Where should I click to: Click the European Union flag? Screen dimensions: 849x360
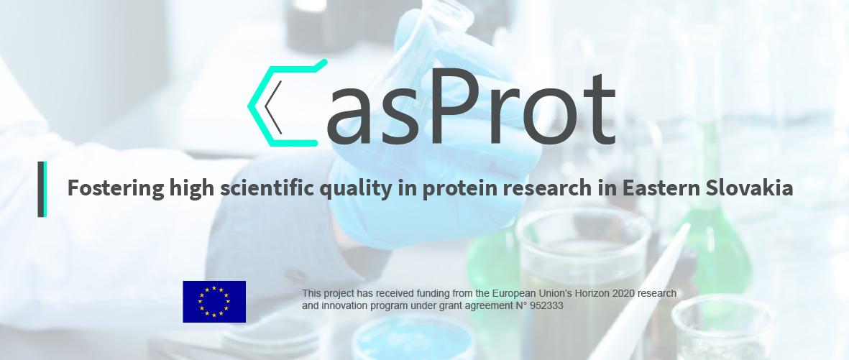(x=214, y=302)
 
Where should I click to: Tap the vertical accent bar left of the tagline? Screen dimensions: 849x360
(x=42, y=189)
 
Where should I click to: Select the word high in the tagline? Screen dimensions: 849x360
(x=192, y=188)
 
